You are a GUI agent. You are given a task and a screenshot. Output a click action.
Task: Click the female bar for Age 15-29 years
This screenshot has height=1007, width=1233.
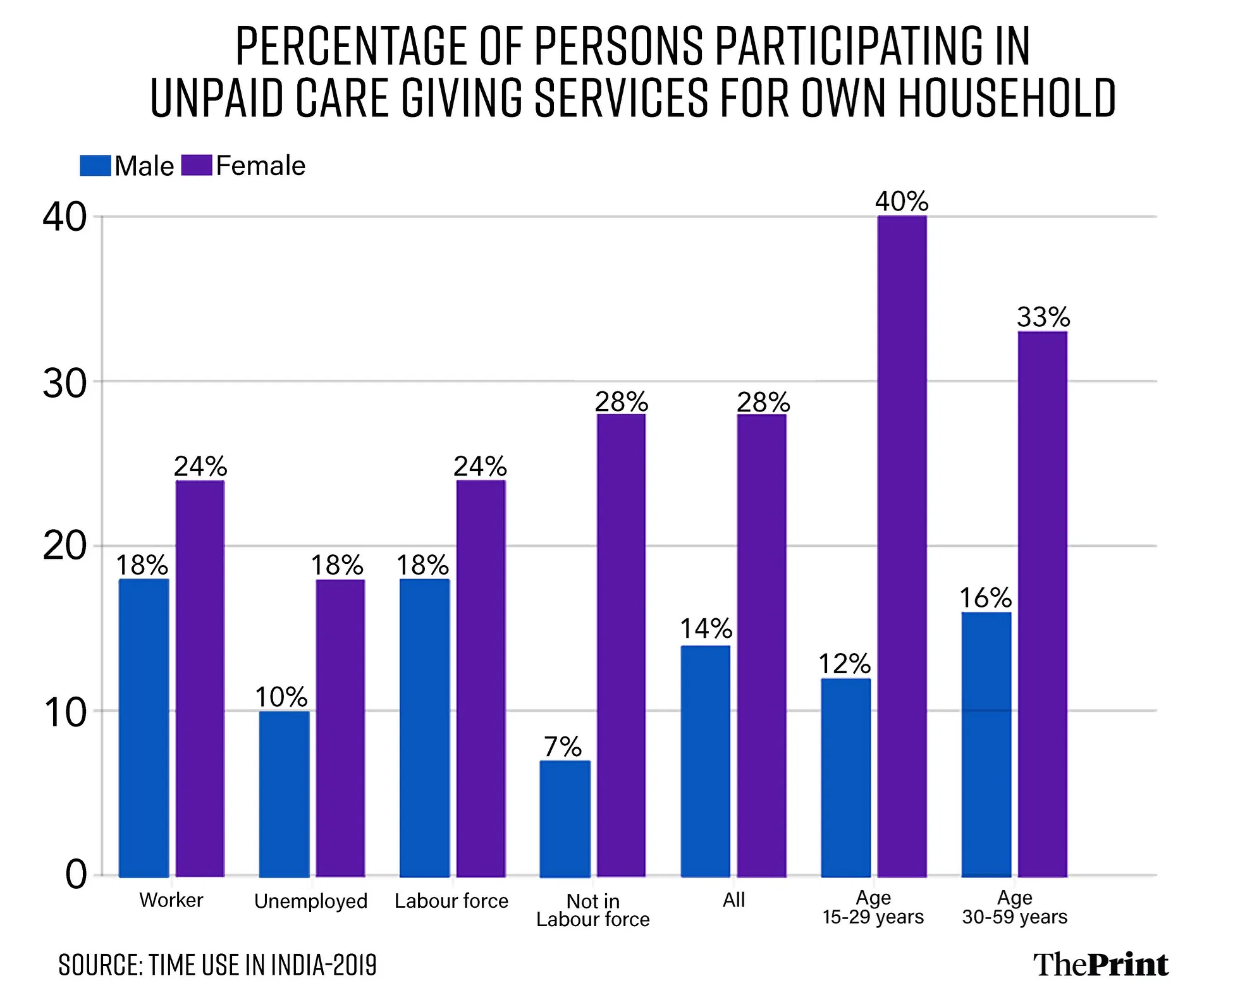click(x=902, y=546)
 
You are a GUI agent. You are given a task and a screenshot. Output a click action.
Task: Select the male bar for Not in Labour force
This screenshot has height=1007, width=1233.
click(x=565, y=819)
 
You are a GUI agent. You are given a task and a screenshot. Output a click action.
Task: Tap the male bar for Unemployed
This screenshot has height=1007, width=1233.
click(x=284, y=794)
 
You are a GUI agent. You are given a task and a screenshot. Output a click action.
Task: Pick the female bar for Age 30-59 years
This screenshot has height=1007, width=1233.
click(x=1043, y=604)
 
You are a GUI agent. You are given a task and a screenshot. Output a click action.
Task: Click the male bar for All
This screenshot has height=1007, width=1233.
click(x=705, y=761)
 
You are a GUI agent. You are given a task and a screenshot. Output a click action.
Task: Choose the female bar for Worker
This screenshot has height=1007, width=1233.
click(x=200, y=678)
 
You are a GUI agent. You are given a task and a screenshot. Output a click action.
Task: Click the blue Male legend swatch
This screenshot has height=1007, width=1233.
click(x=95, y=166)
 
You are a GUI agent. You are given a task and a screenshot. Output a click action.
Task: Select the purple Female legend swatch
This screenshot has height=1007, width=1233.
click(x=197, y=166)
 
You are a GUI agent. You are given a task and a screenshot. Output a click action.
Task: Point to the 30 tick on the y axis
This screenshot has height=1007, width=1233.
click(x=64, y=383)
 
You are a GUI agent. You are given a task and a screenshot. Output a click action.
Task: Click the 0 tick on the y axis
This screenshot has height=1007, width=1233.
click(x=75, y=876)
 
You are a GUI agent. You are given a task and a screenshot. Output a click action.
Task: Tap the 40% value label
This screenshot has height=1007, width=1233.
click(x=902, y=202)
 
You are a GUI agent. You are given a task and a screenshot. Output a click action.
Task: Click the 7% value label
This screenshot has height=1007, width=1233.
click(x=563, y=747)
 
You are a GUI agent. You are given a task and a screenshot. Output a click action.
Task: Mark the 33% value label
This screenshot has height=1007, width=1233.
click(x=1043, y=317)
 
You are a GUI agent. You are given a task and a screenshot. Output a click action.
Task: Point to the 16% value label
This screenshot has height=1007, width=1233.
click(x=986, y=598)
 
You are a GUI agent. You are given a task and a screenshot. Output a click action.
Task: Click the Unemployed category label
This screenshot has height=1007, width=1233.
click(x=310, y=901)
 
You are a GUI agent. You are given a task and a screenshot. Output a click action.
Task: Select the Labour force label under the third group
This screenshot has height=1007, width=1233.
click(x=451, y=901)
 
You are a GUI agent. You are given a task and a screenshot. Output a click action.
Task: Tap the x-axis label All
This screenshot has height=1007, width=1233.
click(x=734, y=900)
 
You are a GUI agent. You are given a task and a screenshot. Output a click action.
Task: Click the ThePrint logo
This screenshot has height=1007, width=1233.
click(x=1101, y=965)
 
